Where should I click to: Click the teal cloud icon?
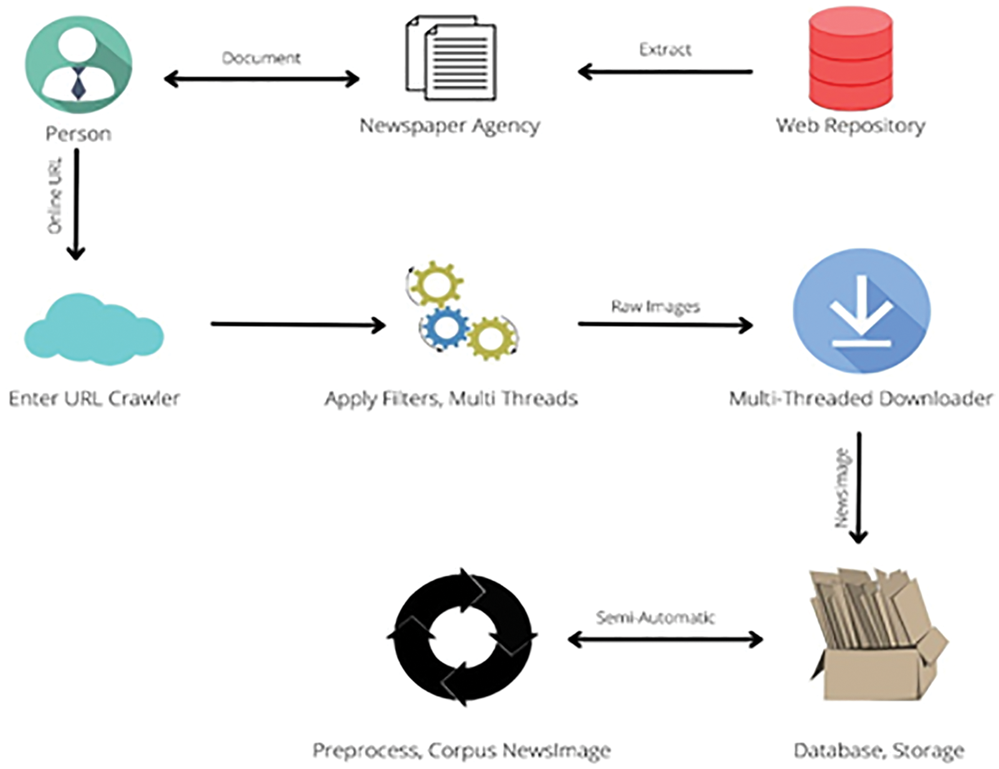pos(93,330)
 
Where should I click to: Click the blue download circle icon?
pos(861,311)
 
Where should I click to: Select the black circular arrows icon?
pos(462,637)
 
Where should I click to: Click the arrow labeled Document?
pos(262,79)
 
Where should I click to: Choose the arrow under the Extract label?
pos(665,72)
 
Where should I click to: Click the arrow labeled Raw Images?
pos(665,324)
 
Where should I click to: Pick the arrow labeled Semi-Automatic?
pos(665,639)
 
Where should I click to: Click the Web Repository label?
pos(850,126)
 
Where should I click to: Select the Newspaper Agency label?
pos(450,126)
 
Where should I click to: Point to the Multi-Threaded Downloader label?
pos(861,398)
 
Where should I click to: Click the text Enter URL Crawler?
pos(94,398)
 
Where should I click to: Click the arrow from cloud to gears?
pos(298,324)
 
